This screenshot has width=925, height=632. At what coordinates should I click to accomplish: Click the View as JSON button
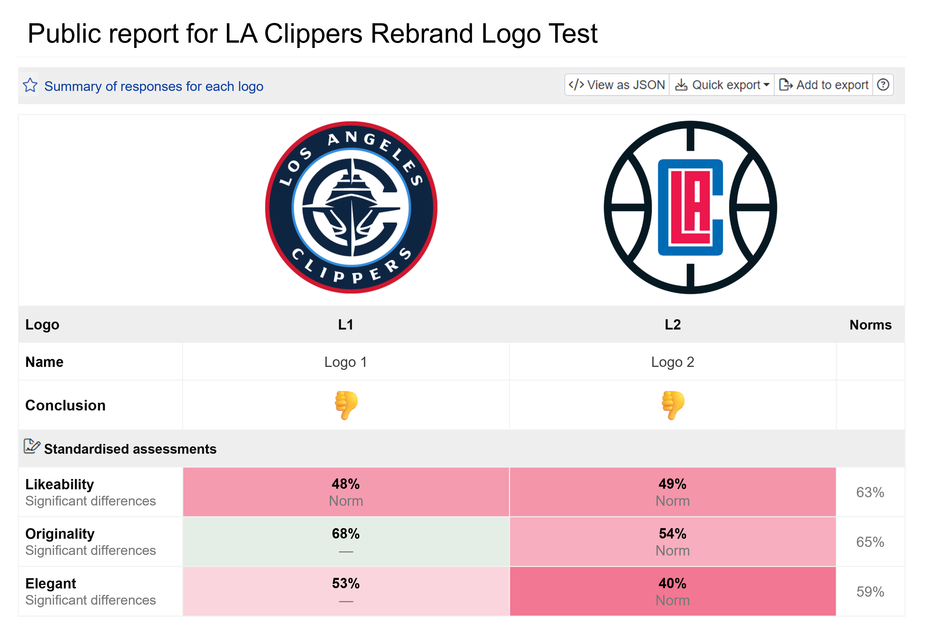[617, 85]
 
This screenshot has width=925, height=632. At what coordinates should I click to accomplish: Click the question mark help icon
[883, 85]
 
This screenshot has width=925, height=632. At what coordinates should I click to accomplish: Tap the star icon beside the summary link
[30, 85]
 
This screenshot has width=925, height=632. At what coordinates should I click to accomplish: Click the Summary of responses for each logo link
[154, 87]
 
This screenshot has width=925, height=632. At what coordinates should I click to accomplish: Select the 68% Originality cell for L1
[345, 542]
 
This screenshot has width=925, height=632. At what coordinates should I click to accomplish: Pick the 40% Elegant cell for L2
[672, 591]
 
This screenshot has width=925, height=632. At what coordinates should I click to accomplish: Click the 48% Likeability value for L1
[345, 484]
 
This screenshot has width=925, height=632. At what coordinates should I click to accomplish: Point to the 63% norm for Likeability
[870, 492]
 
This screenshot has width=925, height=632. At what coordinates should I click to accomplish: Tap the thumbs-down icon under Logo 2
[673, 405]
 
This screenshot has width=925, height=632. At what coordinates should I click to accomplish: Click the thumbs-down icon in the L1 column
[346, 405]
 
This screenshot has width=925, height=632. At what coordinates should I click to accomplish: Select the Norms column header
[870, 325]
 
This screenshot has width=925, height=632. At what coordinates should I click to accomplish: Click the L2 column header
[673, 325]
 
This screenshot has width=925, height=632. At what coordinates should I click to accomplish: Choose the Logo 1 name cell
[345, 362]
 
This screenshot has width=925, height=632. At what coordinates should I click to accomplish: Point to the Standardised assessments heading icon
[31, 447]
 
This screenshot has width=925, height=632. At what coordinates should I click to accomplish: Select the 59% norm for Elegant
[870, 592]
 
